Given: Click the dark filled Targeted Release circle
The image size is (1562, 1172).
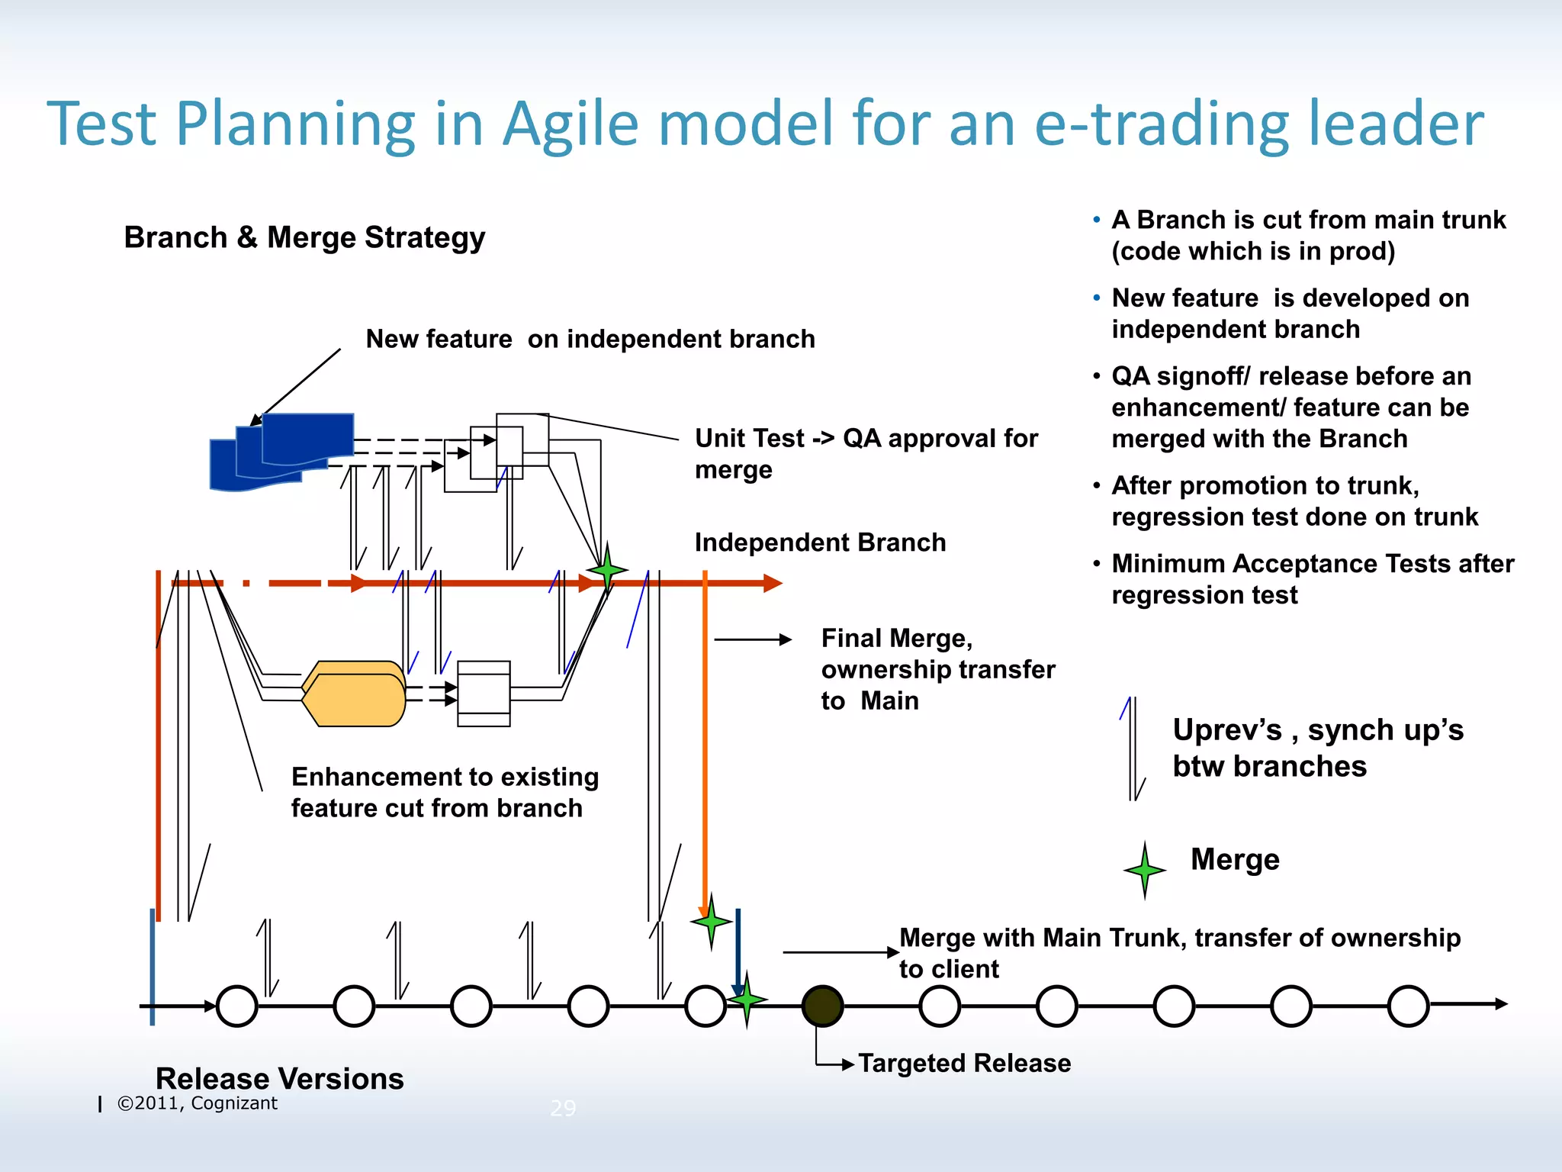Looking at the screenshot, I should point(822,1006).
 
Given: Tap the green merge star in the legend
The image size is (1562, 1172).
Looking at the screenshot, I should point(1144,870).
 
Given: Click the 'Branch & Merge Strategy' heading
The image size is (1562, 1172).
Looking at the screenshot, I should point(304,237).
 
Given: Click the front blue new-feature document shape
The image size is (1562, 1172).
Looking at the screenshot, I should point(308,437).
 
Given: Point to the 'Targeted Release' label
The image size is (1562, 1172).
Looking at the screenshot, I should point(964,1063).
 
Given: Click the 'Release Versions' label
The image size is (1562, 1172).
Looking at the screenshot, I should point(279,1078).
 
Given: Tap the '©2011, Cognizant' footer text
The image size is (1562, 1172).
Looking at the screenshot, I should point(197,1103).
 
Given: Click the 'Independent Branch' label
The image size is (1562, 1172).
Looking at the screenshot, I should point(820,543).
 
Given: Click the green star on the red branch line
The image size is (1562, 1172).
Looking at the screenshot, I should point(607,569).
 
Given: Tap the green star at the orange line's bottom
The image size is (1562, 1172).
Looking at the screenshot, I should point(711,921).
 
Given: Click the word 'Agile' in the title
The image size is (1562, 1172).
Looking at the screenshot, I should point(570,124).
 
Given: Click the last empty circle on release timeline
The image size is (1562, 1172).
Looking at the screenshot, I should point(1408,1006).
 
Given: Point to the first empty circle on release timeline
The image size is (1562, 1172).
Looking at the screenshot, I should point(237,1006).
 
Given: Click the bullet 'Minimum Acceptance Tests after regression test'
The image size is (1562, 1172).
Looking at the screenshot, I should point(1312,579).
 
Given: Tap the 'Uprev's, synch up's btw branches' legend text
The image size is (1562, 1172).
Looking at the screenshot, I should point(1317,748).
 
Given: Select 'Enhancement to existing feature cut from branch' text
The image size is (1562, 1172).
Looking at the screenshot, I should point(445,792).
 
